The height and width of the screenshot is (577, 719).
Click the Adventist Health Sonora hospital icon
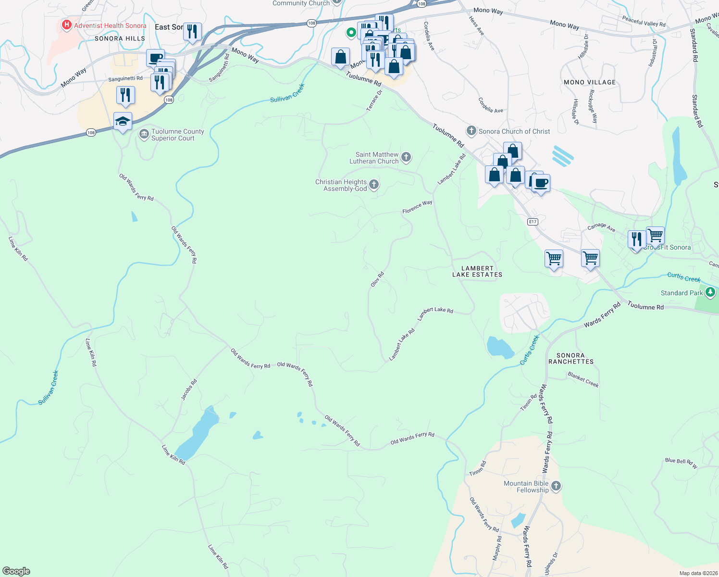point(67,25)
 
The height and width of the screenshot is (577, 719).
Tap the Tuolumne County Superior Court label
point(177,135)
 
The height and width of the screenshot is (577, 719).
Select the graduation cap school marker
point(123,122)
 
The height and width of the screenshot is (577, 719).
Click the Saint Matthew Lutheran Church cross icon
point(406,157)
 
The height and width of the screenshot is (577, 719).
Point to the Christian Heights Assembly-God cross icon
point(374,185)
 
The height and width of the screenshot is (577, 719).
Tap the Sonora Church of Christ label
point(514,131)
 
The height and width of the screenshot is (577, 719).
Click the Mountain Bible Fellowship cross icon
point(556,486)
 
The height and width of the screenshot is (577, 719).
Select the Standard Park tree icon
point(710,292)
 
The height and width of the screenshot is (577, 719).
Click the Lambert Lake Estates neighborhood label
point(477,272)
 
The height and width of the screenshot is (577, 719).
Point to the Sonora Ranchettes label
point(571,358)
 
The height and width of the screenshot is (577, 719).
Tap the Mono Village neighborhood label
point(590,82)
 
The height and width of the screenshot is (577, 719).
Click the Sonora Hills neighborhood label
point(120,38)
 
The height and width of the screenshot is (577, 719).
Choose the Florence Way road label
point(417,207)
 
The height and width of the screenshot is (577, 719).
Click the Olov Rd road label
point(377,280)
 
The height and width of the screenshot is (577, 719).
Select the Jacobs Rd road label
point(189,389)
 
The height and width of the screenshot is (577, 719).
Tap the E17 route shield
point(532,222)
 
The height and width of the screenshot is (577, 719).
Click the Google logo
point(16,571)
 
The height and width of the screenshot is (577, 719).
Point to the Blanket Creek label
point(583,379)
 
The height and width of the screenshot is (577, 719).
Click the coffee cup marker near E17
point(541,183)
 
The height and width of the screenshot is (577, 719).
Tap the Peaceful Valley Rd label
point(644,22)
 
